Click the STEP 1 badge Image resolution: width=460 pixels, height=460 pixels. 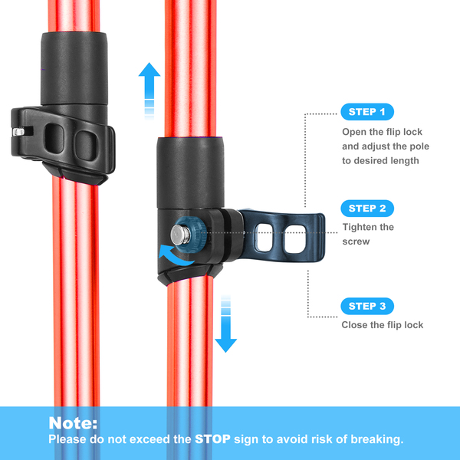pyautogui.click(x=366, y=112)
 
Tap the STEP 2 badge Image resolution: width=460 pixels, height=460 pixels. pyautogui.click(x=366, y=209)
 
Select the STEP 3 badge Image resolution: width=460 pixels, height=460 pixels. pyautogui.click(x=366, y=306)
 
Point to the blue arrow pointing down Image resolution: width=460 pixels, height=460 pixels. pyautogui.click(x=225, y=327)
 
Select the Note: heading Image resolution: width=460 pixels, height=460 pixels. pyautogui.click(x=74, y=423)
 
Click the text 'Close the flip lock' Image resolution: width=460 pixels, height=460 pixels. pyautogui.click(x=382, y=325)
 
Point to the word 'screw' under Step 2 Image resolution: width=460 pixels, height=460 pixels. pyautogui.click(x=357, y=242)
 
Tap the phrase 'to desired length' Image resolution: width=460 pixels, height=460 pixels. pyautogui.click(x=380, y=161)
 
